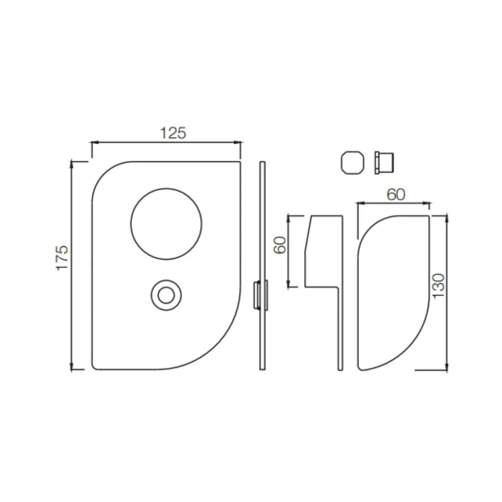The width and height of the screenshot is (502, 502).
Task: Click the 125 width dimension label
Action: [173, 133]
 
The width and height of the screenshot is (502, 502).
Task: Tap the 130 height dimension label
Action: [439, 286]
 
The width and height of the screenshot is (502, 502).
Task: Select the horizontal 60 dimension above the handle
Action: [396, 195]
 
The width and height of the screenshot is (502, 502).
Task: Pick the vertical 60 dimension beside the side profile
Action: [279, 244]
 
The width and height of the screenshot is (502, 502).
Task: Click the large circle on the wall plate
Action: [166, 224]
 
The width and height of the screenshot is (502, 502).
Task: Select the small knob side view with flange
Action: [384, 163]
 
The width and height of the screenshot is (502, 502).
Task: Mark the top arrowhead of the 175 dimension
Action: [72, 163]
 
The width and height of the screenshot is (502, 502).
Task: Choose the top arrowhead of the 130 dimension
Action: [446, 218]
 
